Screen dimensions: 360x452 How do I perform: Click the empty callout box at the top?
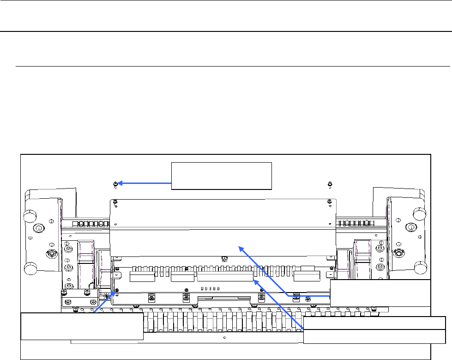pyautogui.click(x=222, y=176)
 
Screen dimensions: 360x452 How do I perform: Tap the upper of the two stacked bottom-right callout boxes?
pyautogui.click(x=380, y=293)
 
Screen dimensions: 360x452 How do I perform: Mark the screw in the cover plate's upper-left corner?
pyautogui.click(x=115, y=201)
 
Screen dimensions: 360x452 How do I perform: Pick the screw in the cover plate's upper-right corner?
pyautogui.click(x=329, y=201)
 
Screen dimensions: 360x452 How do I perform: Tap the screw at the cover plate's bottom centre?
pyautogui.click(x=223, y=258)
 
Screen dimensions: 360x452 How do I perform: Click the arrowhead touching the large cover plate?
pyautogui.click(x=241, y=249)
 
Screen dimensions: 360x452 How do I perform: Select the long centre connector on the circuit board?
pyautogui.click(x=225, y=277)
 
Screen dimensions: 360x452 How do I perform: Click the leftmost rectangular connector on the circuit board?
pyautogui.click(x=142, y=277)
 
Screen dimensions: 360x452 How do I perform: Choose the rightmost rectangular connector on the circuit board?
pyautogui.click(x=307, y=277)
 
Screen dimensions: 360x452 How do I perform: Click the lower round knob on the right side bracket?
pyautogui.click(x=420, y=268)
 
